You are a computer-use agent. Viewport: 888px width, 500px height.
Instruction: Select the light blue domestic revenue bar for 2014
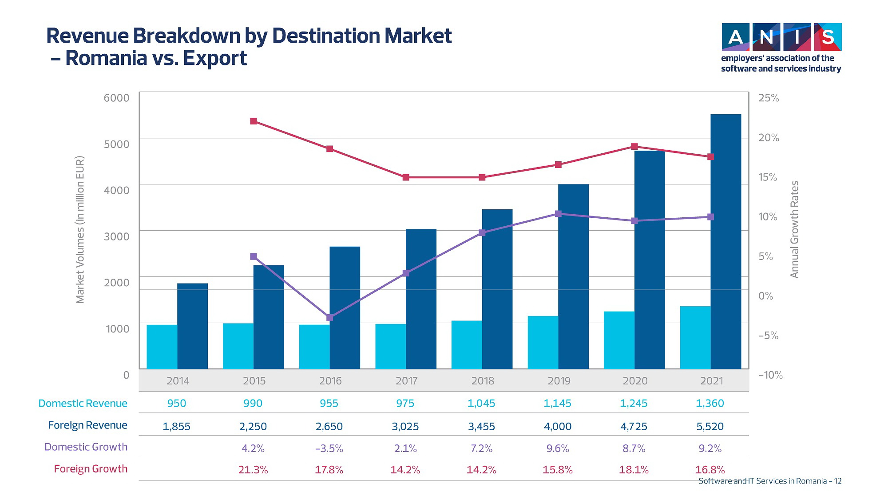click(x=162, y=347)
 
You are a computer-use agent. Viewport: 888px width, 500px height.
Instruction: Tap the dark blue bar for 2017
click(x=421, y=299)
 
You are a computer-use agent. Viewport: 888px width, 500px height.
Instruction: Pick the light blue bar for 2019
click(x=543, y=342)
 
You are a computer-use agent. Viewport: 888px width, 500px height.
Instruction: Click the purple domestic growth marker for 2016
click(x=329, y=317)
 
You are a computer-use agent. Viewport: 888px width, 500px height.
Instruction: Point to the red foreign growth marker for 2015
click(x=254, y=121)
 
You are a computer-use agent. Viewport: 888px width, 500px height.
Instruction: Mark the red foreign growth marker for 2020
click(x=634, y=147)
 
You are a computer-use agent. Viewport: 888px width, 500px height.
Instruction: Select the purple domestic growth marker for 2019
click(x=559, y=214)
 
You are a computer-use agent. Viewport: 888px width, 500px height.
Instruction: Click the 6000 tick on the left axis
click(x=116, y=98)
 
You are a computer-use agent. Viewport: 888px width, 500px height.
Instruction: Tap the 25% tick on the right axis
click(x=769, y=98)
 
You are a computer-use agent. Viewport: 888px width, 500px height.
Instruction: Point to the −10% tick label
click(x=770, y=375)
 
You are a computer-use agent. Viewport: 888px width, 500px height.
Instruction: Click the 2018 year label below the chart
click(x=483, y=381)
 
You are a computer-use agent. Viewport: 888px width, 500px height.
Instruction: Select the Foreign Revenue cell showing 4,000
click(x=558, y=427)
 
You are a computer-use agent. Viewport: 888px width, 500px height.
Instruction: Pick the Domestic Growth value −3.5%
click(x=329, y=448)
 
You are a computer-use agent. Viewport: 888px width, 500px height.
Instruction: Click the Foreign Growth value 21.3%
click(x=253, y=470)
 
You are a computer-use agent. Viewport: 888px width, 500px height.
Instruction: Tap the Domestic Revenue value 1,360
click(x=710, y=404)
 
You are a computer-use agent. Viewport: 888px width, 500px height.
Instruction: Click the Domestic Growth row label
click(x=86, y=447)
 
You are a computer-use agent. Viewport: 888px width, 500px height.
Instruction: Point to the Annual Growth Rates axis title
click(x=794, y=229)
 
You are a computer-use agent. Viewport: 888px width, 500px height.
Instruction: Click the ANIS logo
click(x=781, y=37)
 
